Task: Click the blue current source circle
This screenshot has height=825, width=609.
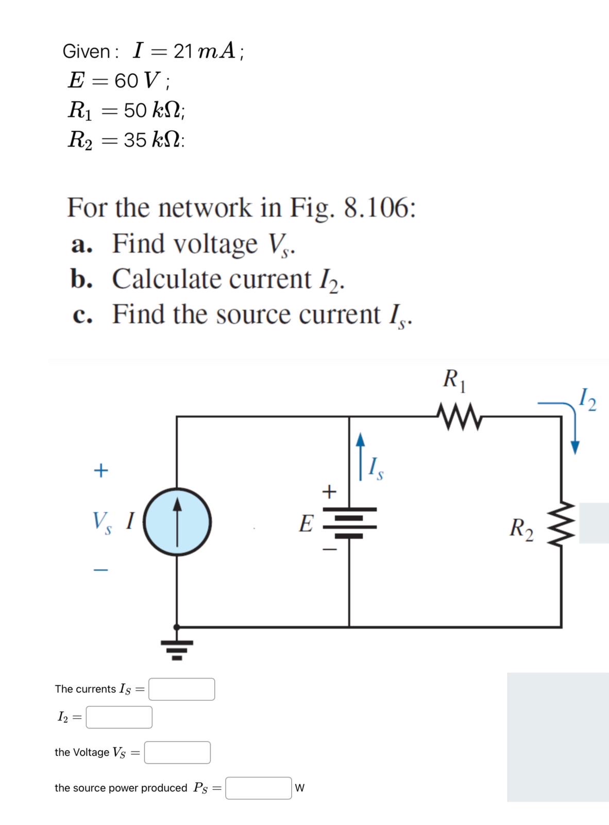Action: tap(177, 521)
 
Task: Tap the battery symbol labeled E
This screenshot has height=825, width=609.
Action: tap(349, 522)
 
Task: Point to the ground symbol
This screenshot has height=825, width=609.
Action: tap(177, 649)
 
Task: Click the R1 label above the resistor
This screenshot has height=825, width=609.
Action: tap(455, 380)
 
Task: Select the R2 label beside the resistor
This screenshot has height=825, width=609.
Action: tap(521, 529)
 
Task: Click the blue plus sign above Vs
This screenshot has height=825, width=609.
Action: tap(101, 470)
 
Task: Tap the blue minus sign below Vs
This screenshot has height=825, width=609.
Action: tap(101, 570)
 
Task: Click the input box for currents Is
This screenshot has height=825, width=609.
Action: tap(182, 689)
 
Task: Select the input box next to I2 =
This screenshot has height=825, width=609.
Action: tap(119, 717)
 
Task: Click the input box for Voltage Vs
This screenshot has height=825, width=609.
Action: tap(177, 753)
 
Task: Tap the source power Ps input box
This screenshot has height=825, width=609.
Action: tap(259, 788)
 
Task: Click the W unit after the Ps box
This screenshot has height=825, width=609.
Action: tap(300, 788)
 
